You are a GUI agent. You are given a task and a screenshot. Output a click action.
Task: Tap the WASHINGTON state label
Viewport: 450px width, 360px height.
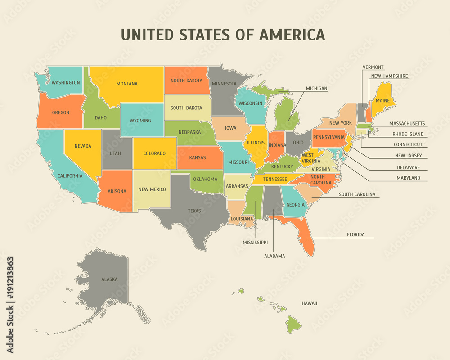coord(66,83)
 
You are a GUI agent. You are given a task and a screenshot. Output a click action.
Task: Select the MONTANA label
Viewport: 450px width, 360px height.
coord(127,84)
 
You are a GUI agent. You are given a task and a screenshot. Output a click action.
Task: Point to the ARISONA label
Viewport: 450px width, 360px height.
coord(117,191)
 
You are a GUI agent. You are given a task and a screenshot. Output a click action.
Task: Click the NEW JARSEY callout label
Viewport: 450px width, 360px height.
coord(408,156)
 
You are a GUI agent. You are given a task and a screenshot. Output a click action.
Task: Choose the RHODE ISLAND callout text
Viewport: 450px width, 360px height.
coord(408,134)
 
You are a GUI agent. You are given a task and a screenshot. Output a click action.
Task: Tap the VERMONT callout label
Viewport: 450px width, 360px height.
coord(373,67)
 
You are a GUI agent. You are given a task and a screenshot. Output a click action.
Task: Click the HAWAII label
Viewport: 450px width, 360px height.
coord(309,303)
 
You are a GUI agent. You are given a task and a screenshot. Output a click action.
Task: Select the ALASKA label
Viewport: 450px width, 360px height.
coord(109,279)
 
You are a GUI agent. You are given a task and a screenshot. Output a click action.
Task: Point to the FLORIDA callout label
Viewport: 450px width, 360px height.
coord(355,234)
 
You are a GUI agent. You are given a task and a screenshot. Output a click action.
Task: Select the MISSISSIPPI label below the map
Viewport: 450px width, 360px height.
coord(255,242)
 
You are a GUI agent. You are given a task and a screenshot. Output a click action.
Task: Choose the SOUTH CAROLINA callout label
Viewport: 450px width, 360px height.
coord(357,194)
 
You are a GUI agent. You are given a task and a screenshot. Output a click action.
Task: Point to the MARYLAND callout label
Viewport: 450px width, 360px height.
coord(408,178)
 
